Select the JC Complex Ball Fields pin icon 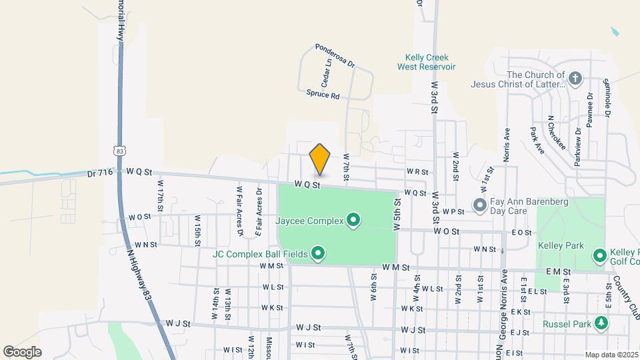[x=318, y=253]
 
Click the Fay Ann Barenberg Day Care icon [x=479, y=204]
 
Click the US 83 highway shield [x=119, y=151]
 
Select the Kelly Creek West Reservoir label [x=426, y=62]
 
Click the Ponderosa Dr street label [x=335, y=56]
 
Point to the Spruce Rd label [x=323, y=95]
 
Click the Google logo [x=22, y=351]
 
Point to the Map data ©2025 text [x=611, y=355]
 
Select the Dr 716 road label [x=101, y=173]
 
